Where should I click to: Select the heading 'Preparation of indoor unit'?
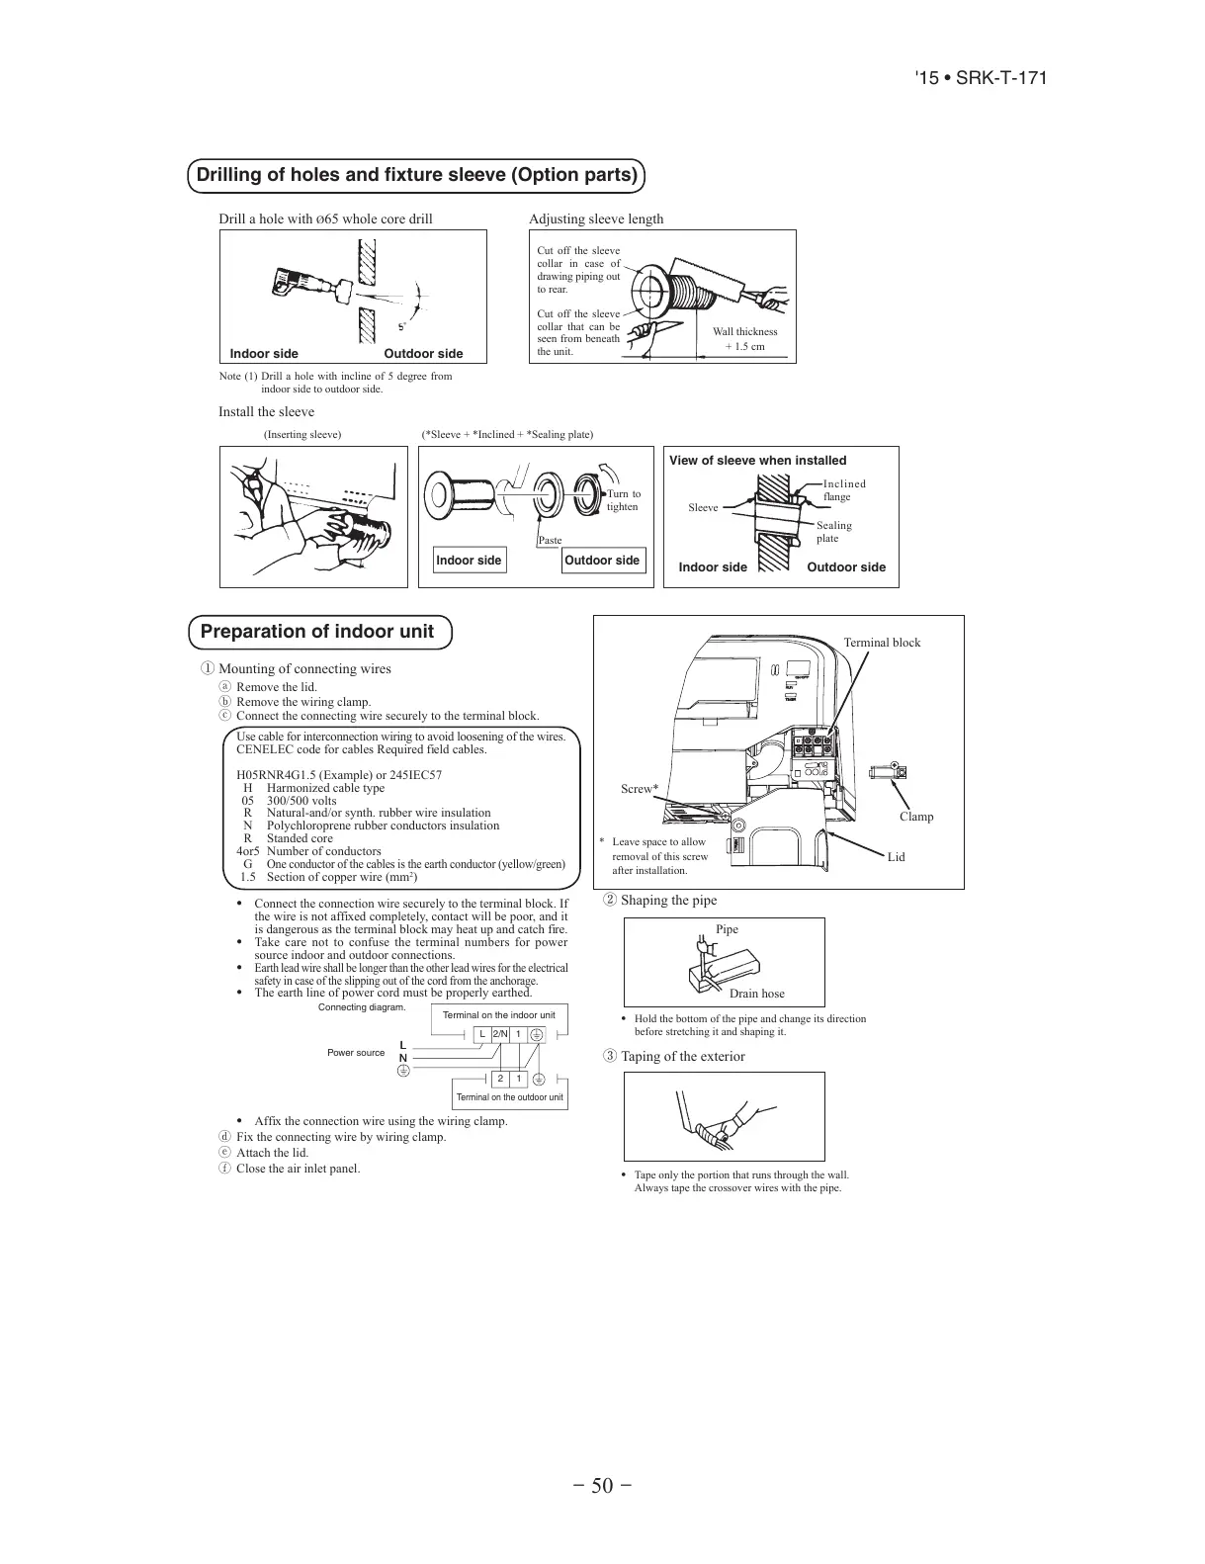tap(316, 632)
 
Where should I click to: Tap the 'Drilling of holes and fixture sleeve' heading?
tap(416, 175)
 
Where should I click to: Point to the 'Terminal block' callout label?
tap(882, 643)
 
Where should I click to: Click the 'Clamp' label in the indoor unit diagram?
tap(916, 817)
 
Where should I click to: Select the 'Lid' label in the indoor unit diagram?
tap(896, 857)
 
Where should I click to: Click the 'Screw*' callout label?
tap(640, 789)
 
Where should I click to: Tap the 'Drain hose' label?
tap(757, 994)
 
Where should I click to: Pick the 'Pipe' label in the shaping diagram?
tap(727, 929)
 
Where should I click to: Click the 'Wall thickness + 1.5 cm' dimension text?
tap(745, 339)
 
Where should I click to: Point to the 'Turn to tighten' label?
tap(623, 500)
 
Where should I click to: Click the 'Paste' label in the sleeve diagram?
tap(550, 540)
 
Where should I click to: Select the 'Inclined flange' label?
tap(843, 490)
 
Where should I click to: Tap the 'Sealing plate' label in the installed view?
tap(833, 532)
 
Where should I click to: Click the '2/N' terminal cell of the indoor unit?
tap(500, 1034)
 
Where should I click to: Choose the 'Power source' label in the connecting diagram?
tap(356, 1053)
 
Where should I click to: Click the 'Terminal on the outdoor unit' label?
tap(509, 1097)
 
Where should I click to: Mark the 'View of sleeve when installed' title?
tap(757, 461)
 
